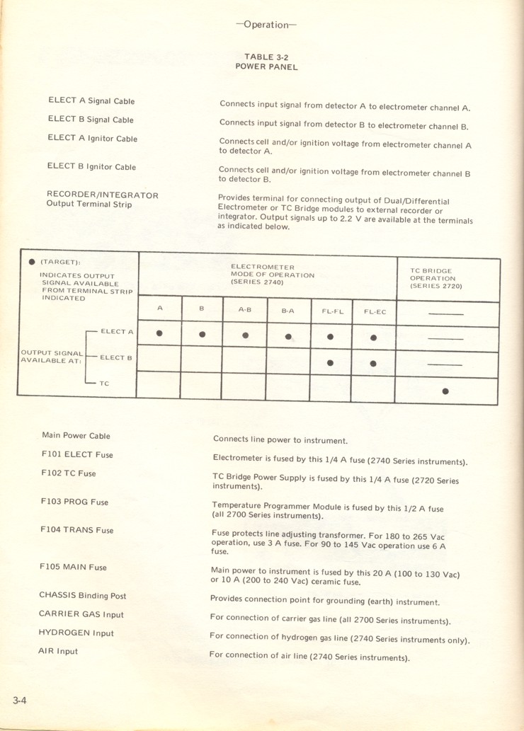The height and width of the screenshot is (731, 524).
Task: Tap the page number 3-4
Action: point(19,700)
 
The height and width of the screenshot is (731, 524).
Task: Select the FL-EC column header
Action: point(373,311)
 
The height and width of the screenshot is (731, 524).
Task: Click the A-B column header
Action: point(244,310)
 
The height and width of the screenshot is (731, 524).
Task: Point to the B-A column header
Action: point(288,311)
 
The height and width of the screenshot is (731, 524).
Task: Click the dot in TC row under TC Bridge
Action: point(445,391)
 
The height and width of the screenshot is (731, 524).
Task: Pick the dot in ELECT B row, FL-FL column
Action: point(330,363)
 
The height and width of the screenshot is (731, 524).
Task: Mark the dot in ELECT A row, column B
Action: point(203,334)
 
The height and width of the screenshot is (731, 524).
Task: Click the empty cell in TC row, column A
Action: point(159,385)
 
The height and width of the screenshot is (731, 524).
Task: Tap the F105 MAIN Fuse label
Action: point(74,567)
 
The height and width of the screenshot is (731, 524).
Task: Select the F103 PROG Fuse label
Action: point(74,502)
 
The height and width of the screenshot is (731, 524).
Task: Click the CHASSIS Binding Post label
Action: point(82,596)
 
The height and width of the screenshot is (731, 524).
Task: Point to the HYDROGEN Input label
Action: point(76,633)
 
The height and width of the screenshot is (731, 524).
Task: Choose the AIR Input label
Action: point(58,651)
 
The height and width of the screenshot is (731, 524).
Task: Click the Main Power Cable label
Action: point(76,435)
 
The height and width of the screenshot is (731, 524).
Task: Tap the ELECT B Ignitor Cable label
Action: point(91,167)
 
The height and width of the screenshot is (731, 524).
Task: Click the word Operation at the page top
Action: point(266,25)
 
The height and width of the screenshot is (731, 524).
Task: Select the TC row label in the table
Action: point(103,383)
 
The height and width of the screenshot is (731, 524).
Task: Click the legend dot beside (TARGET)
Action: point(32,262)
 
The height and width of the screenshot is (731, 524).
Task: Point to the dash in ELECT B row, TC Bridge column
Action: point(445,364)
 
